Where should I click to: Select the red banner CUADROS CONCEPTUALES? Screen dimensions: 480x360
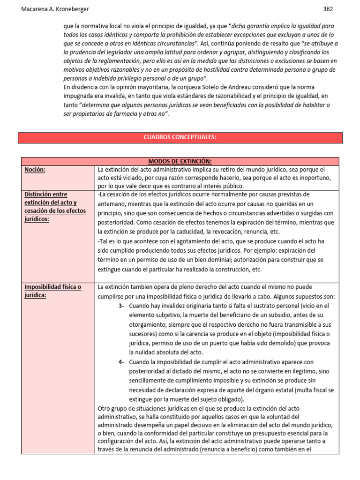coord(180,137)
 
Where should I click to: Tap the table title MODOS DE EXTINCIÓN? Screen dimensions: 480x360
coord(180,161)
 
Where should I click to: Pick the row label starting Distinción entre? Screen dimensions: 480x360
coord(45,194)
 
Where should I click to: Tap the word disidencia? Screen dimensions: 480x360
coord(84,88)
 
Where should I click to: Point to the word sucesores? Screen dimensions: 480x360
coord(144,334)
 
